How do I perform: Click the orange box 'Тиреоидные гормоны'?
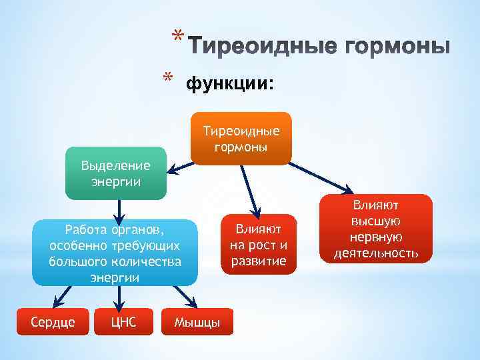pos(241,138)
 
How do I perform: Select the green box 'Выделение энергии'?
pos(115,173)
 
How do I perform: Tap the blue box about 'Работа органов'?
pos(115,253)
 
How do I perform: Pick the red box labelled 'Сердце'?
pos(53,322)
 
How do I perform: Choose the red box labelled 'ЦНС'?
pos(124,322)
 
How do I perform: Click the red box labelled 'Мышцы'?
pos(197,323)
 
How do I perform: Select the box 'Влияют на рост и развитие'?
pos(258,244)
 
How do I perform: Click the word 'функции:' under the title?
pos(229,85)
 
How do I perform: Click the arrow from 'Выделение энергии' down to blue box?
pos(119,209)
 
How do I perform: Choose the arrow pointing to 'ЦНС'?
pos(120,297)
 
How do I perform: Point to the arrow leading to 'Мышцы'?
pos(181,297)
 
